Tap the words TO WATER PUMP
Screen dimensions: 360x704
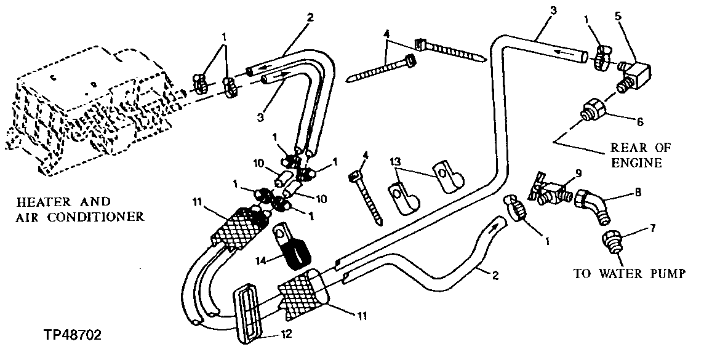[x=629, y=274]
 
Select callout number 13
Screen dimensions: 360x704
[x=395, y=161]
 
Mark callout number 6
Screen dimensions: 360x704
[x=640, y=122]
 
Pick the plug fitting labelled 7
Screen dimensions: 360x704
[x=612, y=241]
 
